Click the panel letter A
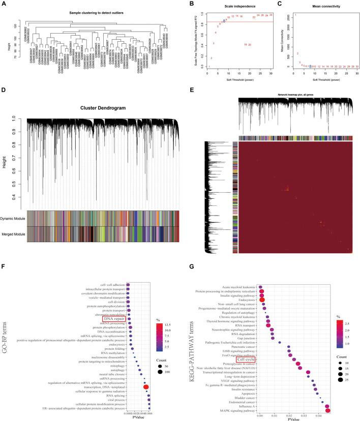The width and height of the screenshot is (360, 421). [x=4, y=4]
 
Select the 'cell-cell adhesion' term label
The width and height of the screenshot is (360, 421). [x=109, y=285]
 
